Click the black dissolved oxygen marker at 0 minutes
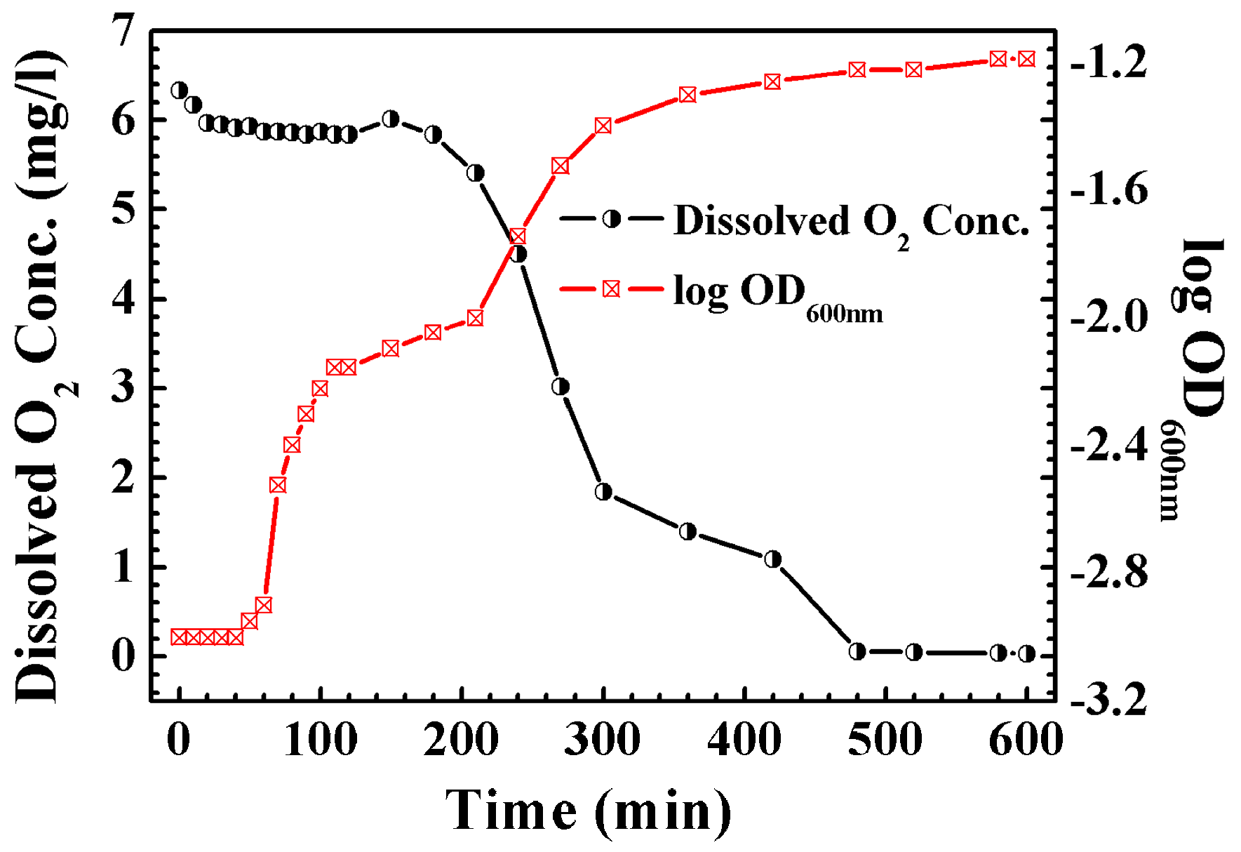click(x=180, y=91)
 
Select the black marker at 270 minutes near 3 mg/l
click(x=561, y=387)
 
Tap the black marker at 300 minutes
click(x=603, y=492)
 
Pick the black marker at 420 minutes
click(x=772, y=559)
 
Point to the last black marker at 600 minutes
click(x=1026, y=654)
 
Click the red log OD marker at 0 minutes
click(x=180, y=637)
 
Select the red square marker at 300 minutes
click(x=603, y=126)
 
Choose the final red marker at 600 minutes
click(x=1026, y=60)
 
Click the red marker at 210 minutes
click(x=475, y=319)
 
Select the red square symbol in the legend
click(x=611, y=289)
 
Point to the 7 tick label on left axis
click(x=123, y=32)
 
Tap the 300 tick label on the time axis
click(x=602, y=740)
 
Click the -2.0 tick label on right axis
click(x=1108, y=317)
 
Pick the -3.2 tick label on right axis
click(x=1108, y=700)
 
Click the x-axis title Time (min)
click(x=588, y=811)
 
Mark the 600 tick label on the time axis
click(x=1025, y=740)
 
